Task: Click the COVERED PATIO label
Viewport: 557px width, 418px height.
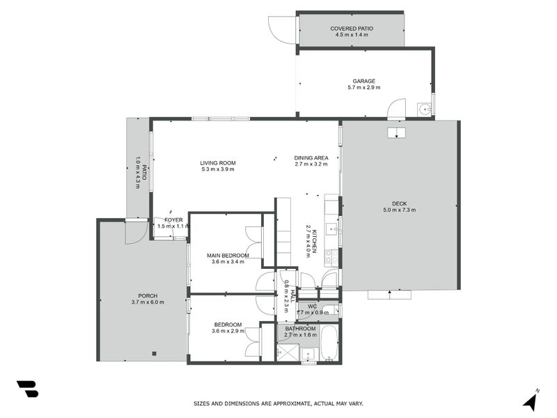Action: [352, 29]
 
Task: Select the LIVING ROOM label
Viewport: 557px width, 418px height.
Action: [218, 162]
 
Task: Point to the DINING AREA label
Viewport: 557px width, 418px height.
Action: [311, 157]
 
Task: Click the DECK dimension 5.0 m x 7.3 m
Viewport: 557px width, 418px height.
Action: [399, 210]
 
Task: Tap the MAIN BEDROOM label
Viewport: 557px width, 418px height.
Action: [228, 256]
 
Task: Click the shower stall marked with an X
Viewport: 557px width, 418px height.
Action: [287, 352]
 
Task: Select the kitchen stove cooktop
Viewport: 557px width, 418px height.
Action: [333, 256]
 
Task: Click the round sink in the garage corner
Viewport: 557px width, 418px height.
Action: [423, 108]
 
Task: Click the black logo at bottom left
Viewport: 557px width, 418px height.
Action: [27, 389]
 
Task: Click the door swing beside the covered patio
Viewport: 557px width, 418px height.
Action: [283, 29]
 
